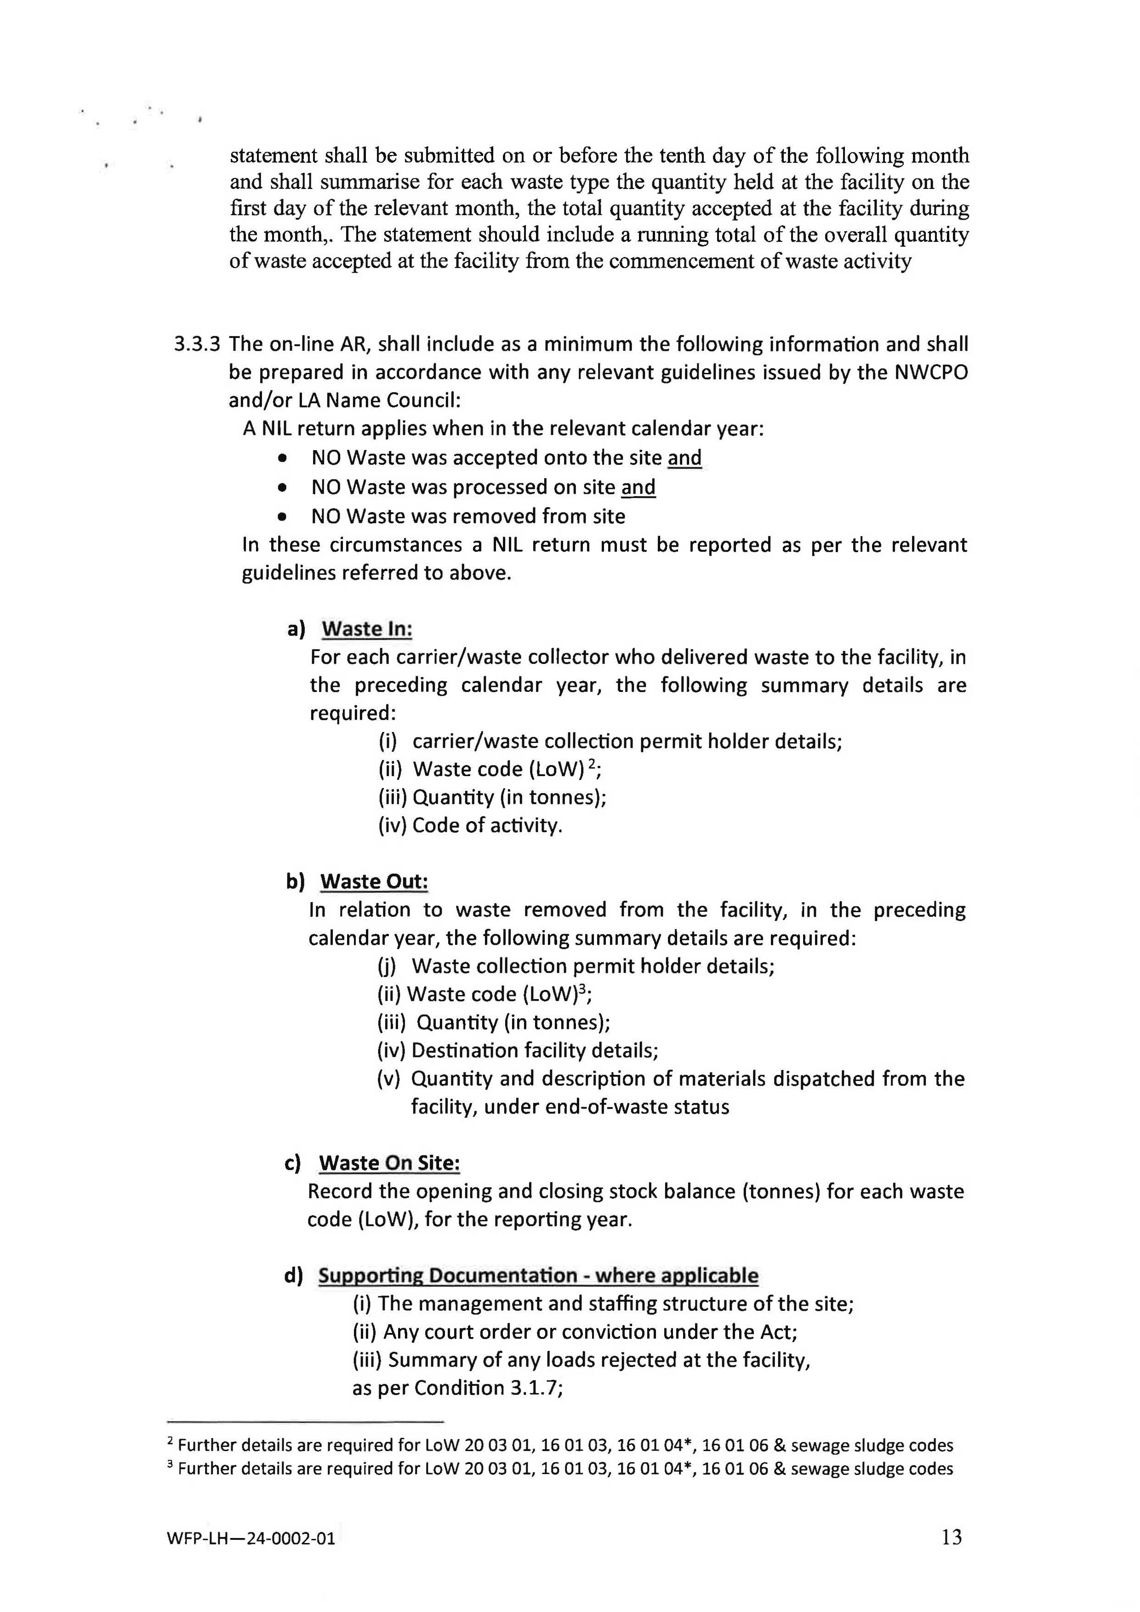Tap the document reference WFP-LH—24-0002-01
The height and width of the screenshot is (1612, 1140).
coord(251,1538)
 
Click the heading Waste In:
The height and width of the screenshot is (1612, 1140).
coord(366,629)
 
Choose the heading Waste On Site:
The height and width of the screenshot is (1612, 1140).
coord(389,1163)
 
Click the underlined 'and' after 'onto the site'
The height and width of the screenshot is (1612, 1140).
coord(684,458)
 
